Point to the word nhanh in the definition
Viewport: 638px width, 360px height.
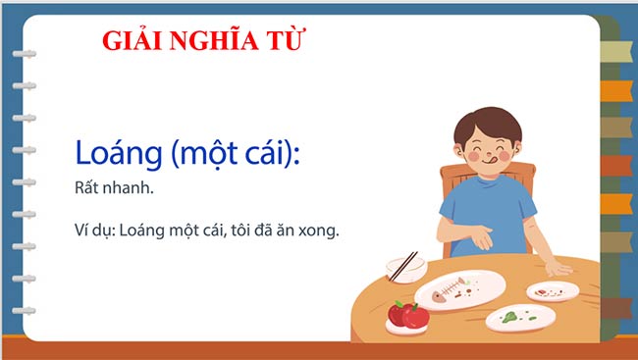click(129, 187)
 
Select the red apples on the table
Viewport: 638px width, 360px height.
click(407, 314)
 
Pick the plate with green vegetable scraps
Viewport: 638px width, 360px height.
click(521, 317)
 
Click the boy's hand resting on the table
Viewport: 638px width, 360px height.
click(557, 267)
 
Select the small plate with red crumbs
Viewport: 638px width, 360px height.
click(553, 290)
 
